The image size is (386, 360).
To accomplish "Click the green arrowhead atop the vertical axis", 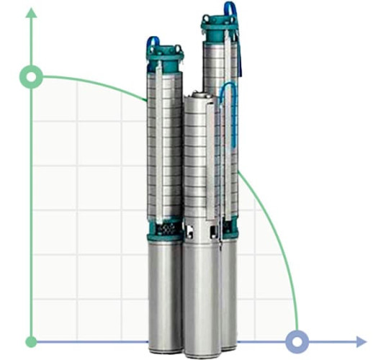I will click(31, 13).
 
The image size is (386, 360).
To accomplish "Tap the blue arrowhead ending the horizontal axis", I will click(360, 341).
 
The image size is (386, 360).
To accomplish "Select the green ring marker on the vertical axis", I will click(31, 76).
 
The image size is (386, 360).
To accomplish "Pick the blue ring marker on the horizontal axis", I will click(296, 341).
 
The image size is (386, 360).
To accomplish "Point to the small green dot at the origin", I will click(31, 341).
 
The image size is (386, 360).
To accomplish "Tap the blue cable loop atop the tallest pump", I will click(230, 9).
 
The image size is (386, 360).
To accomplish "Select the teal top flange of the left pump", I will click(165, 55).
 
